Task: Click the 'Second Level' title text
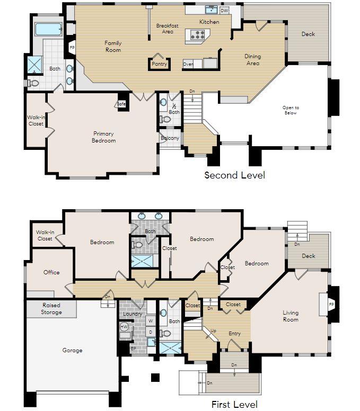click(x=234, y=175)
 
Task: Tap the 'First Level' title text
click(x=234, y=405)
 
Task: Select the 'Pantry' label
click(x=159, y=64)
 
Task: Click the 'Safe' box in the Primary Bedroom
click(x=121, y=103)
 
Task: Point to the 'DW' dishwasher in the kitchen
click(x=224, y=10)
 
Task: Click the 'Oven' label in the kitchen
click(x=188, y=64)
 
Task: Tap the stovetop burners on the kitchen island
click(x=198, y=35)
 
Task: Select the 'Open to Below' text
click(x=290, y=110)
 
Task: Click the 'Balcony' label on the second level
click(x=170, y=139)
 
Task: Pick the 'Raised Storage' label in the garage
click(x=51, y=308)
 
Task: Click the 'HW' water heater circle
click(x=125, y=327)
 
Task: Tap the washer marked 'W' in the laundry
click(x=150, y=320)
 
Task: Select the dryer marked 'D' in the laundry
click(x=150, y=333)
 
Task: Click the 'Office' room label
click(x=51, y=272)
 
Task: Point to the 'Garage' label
click(x=72, y=350)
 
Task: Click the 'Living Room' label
click(x=290, y=316)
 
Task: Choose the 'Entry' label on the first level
click(x=234, y=333)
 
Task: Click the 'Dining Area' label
click(x=252, y=60)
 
